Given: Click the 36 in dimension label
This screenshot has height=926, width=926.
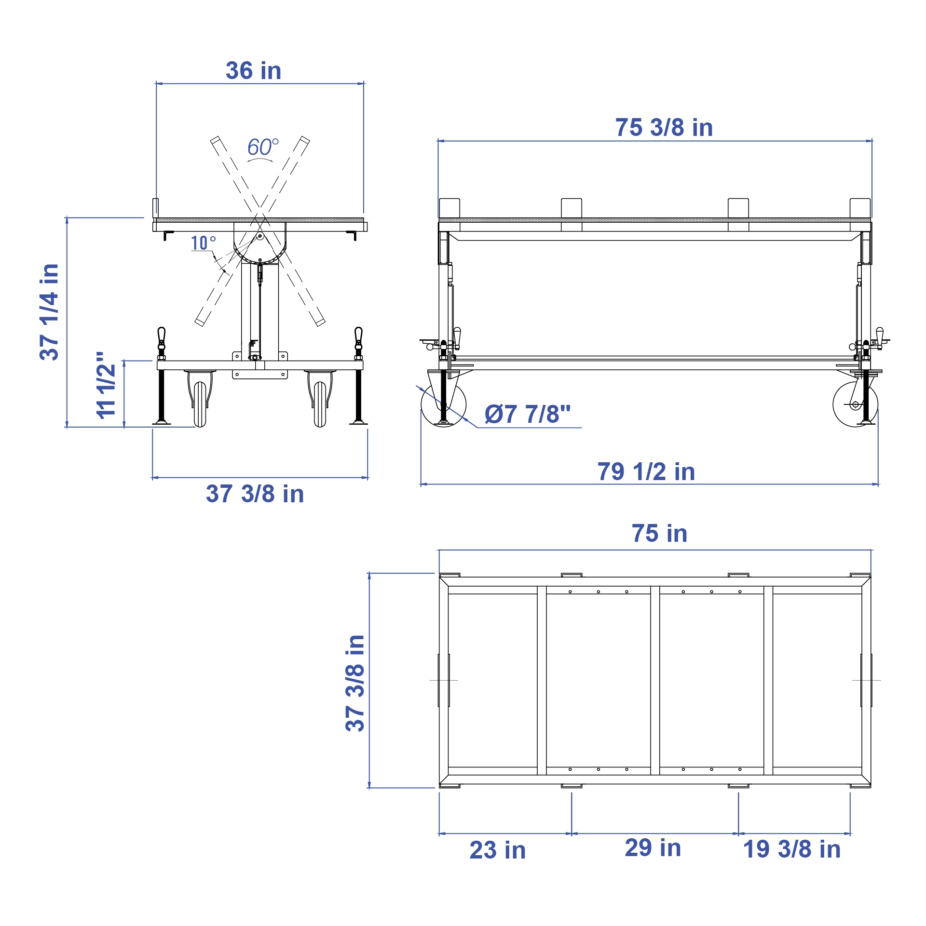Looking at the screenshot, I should tap(253, 71).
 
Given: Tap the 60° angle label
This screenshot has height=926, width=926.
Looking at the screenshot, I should tap(262, 147).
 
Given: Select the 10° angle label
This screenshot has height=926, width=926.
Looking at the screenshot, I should tap(203, 243).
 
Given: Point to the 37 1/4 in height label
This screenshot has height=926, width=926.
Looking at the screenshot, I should tap(49, 312).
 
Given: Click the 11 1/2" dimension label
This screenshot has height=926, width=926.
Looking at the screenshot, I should tap(106, 385).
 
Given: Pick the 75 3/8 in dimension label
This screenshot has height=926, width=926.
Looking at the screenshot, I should tap(664, 128).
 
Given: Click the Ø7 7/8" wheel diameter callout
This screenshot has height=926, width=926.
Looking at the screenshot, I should tap(527, 414).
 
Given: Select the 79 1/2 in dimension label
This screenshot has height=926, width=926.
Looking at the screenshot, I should tap(646, 472).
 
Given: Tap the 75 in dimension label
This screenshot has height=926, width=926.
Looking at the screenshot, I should tap(659, 534).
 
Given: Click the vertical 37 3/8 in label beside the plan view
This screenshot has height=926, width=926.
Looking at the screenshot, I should tap(355, 683).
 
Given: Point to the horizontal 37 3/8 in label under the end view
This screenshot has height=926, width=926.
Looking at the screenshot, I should tap(255, 494).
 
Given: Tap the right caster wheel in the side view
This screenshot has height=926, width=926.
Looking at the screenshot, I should tap(855, 404).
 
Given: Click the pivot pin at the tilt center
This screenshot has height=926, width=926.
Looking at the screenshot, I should tap(260, 236).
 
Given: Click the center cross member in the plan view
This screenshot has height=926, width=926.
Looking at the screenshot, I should tap(655, 680).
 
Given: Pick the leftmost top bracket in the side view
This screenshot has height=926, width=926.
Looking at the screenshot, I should tap(449, 208).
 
